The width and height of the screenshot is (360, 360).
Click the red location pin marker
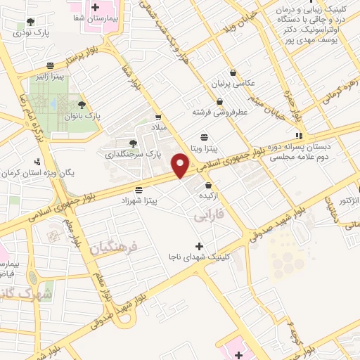click(181, 166)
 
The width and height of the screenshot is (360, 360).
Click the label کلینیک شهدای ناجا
click(198, 258)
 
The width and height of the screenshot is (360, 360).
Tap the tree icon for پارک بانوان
click(82, 104)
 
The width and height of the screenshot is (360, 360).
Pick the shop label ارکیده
click(211, 195)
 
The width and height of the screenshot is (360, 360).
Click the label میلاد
click(162, 127)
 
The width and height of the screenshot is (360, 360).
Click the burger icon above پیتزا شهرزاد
click(139, 190)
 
